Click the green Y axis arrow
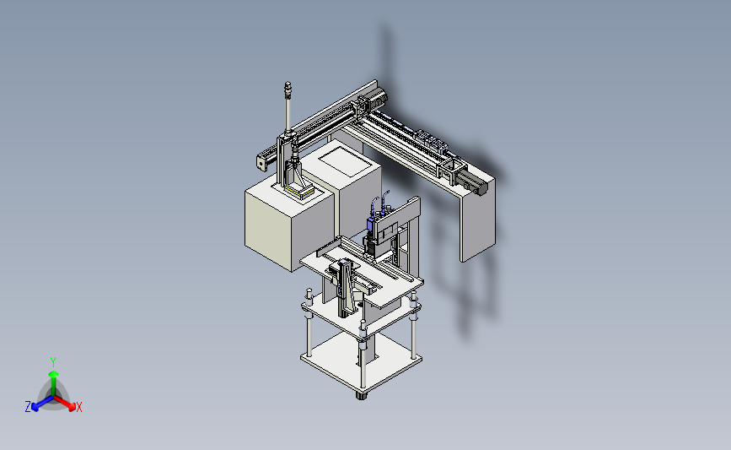[53, 382]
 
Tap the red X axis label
[78, 407]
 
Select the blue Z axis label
[28, 407]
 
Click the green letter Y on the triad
[53, 362]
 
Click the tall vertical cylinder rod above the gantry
[288, 107]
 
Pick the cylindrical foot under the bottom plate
[362, 395]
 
